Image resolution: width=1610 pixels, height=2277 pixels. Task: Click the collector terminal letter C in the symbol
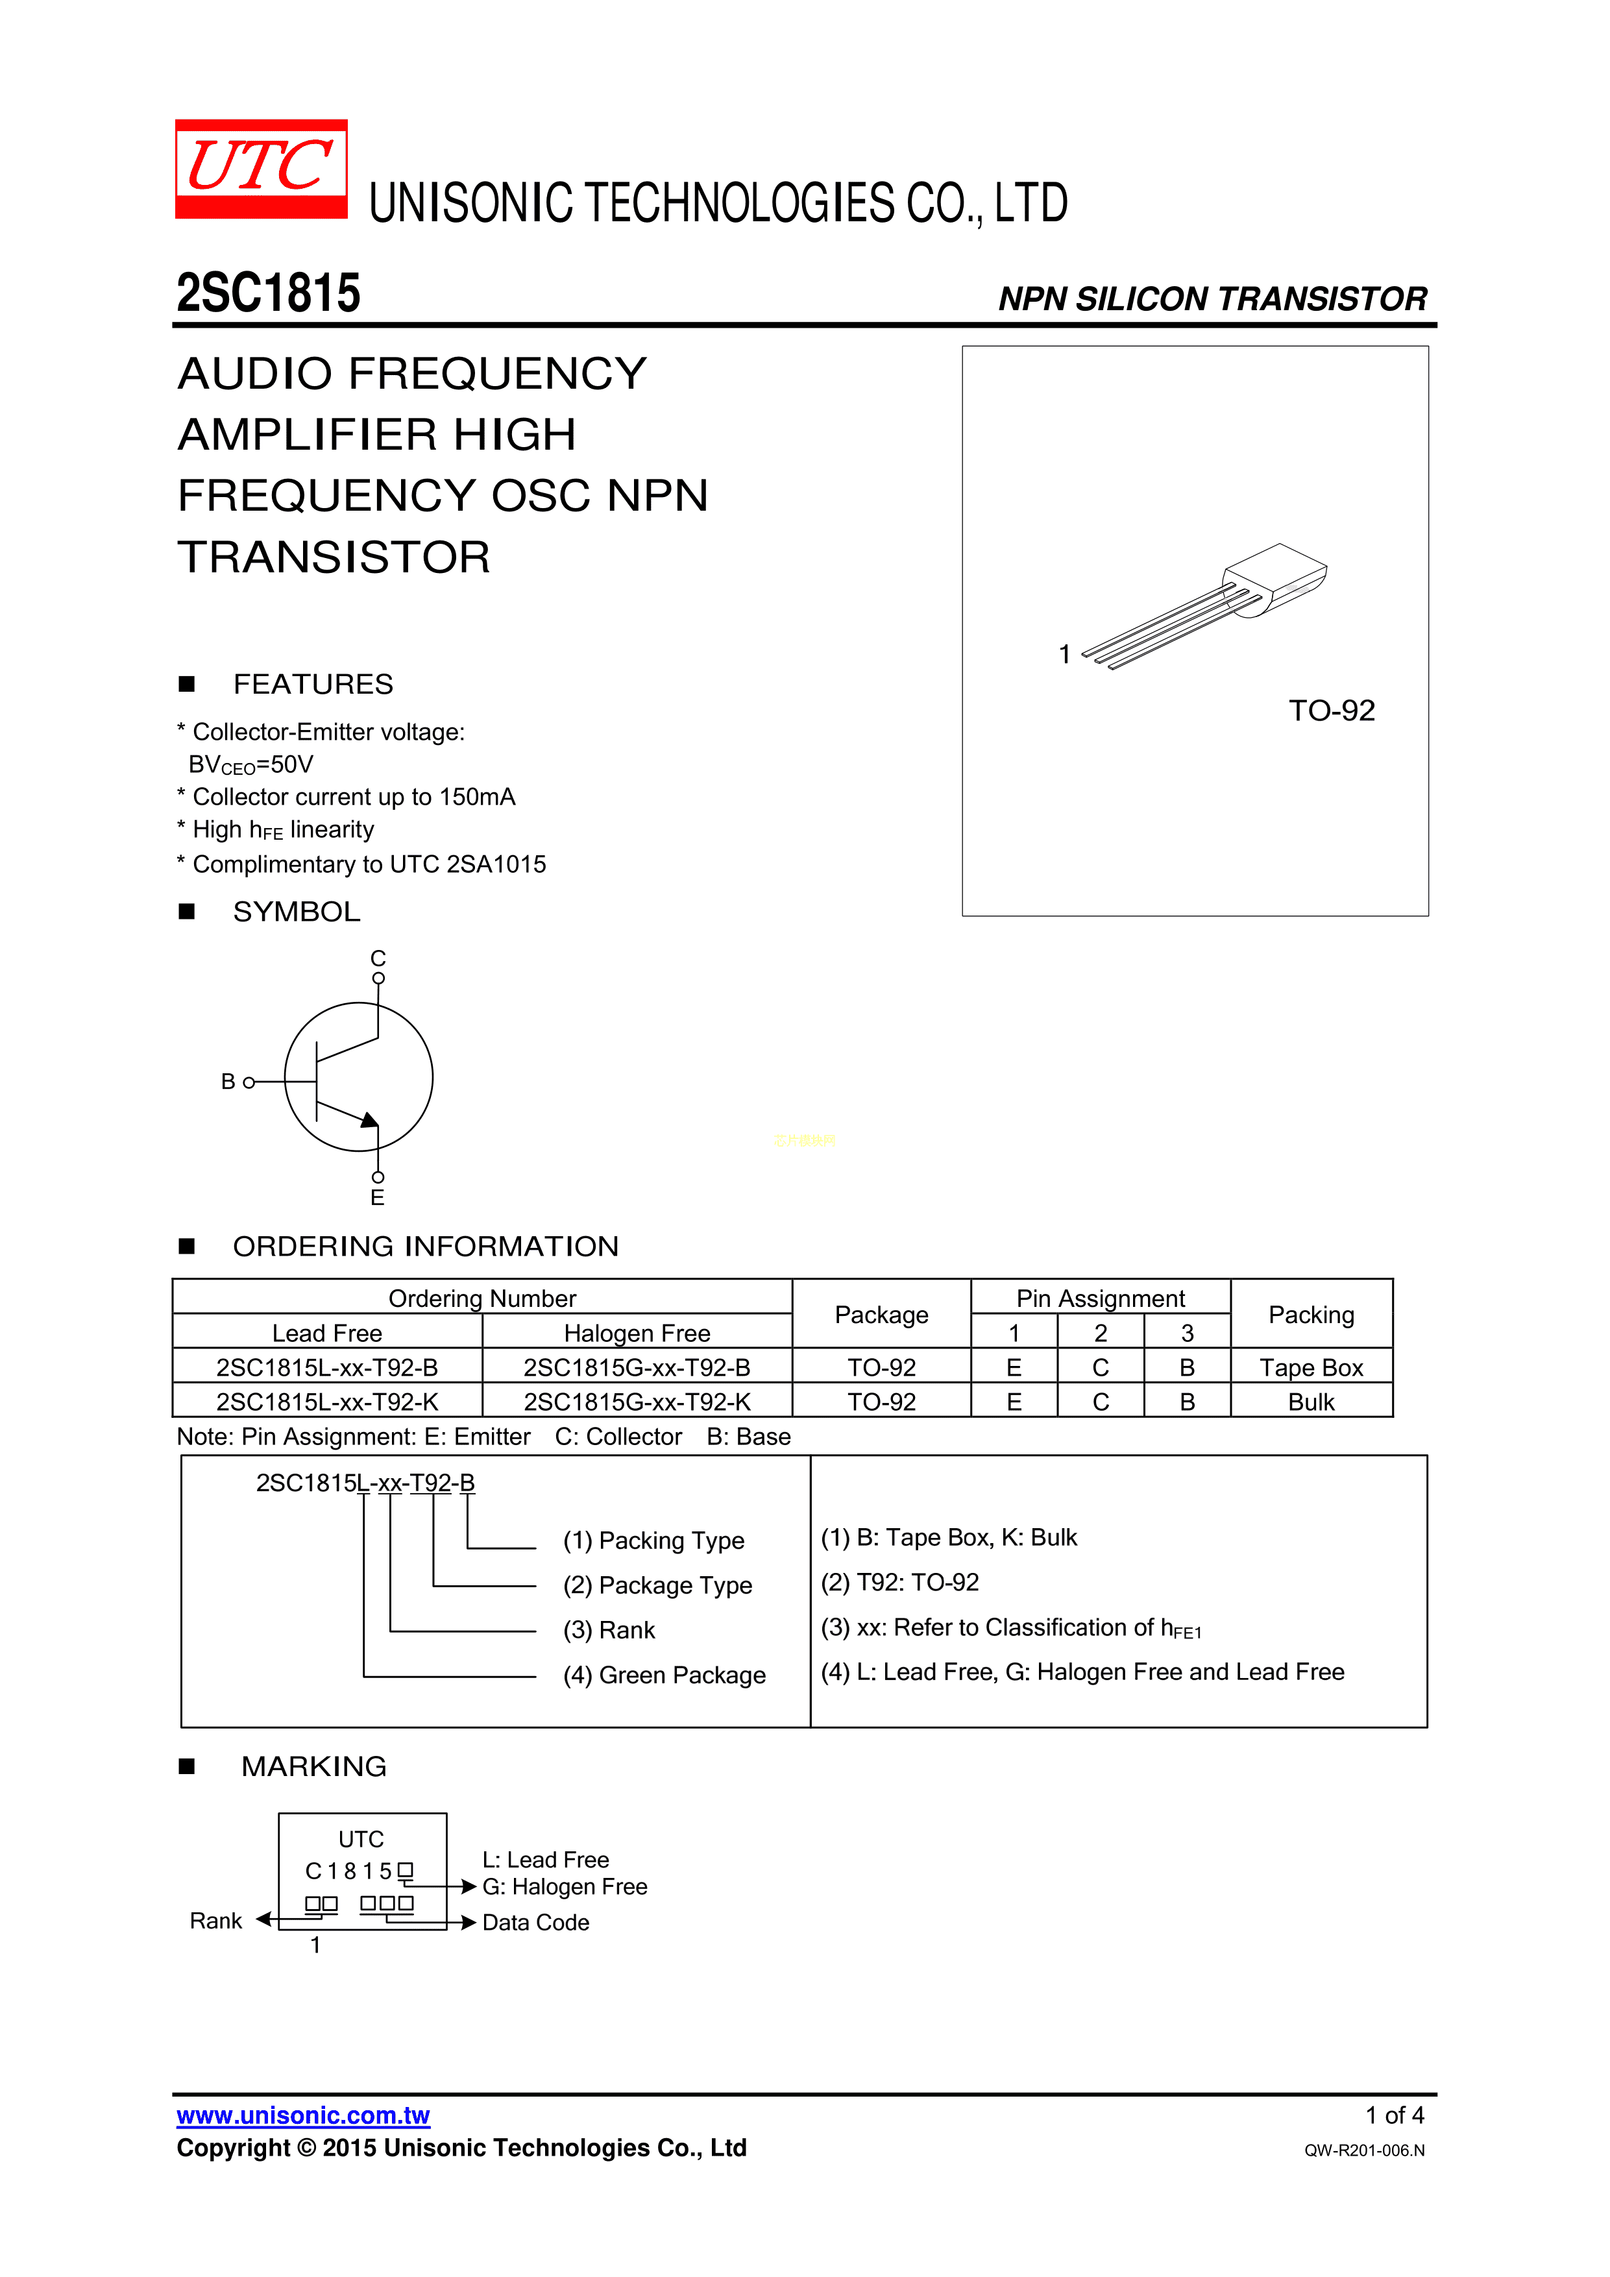[378, 958]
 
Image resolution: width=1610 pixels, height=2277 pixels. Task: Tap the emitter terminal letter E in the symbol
[377, 1198]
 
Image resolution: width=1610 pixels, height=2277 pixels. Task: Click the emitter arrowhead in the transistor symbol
[369, 1121]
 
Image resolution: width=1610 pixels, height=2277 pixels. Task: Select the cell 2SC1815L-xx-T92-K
[327, 1402]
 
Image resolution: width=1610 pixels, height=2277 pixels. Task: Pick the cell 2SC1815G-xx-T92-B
[637, 1368]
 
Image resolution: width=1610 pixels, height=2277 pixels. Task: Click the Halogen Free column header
[637, 1333]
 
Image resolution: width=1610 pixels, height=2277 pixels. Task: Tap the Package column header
[881, 1315]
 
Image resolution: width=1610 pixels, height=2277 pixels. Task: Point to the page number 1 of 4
[1394, 2115]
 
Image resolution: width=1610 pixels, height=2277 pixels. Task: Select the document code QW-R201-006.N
[1364, 2150]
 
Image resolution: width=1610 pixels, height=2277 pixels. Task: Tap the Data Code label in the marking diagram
[535, 1922]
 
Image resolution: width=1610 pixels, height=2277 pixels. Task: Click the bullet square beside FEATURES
[186, 683]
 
